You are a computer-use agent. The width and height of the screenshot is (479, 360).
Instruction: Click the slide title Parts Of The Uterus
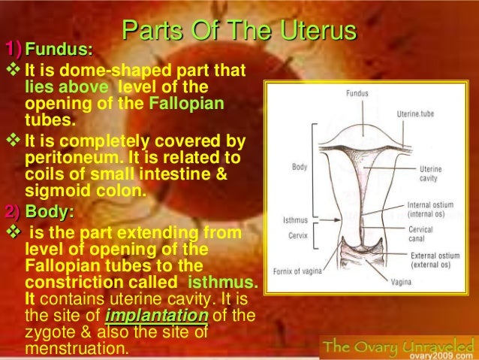[x=239, y=31]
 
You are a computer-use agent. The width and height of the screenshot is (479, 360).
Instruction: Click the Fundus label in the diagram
[x=357, y=94]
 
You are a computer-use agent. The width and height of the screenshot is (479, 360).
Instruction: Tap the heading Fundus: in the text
[x=59, y=51]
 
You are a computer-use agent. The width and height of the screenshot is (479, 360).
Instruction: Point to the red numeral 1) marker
[x=14, y=50]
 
